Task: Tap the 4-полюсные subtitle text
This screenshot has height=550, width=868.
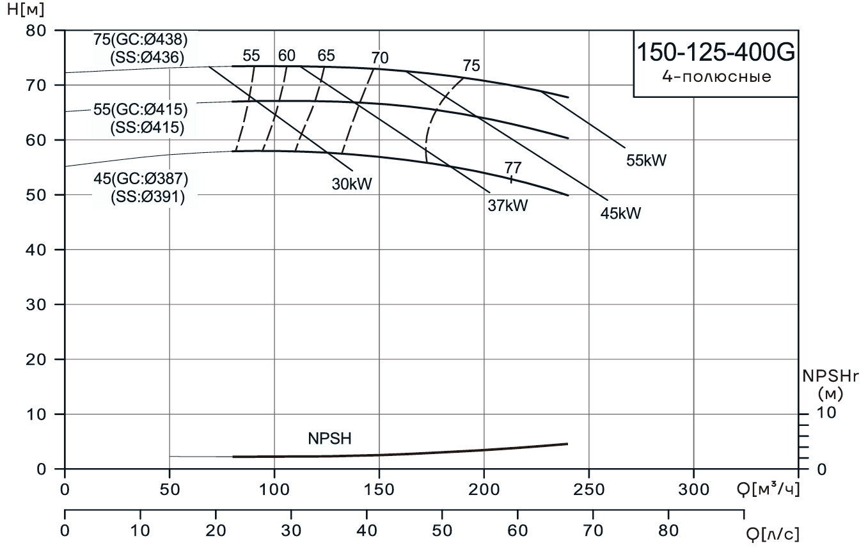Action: point(716,78)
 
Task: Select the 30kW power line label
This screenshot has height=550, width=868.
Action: point(352,184)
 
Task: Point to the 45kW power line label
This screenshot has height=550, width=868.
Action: point(620,213)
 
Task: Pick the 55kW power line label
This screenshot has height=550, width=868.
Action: point(646,161)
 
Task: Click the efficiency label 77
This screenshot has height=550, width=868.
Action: point(512,168)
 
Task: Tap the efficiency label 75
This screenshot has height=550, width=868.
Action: point(471,65)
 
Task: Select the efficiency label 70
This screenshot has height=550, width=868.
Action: point(379,58)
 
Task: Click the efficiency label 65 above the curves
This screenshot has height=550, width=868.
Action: point(326,56)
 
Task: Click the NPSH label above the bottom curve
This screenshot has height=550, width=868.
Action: point(330,439)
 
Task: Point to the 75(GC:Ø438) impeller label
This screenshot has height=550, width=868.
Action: point(140,40)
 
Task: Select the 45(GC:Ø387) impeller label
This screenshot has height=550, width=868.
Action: point(140,178)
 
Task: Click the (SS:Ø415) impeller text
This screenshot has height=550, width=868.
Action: point(146,127)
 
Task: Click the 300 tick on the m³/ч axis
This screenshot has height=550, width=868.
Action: point(694,491)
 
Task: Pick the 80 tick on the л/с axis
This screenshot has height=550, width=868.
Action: point(668,531)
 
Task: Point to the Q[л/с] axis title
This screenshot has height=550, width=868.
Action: point(773,533)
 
